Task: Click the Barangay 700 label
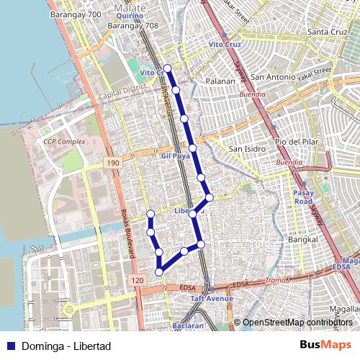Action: click(76, 14)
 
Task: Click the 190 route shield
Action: click(112, 163)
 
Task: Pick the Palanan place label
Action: click(220, 81)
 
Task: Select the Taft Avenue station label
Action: click(212, 298)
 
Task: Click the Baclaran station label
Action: click(188, 325)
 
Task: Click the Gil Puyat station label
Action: click(175, 156)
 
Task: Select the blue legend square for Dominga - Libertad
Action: click(11, 346)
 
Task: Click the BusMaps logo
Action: click(325, 346)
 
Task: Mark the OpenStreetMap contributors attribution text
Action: click(297, 323)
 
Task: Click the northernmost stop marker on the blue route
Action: click(167, 68)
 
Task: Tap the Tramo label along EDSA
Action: click(276, 279)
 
